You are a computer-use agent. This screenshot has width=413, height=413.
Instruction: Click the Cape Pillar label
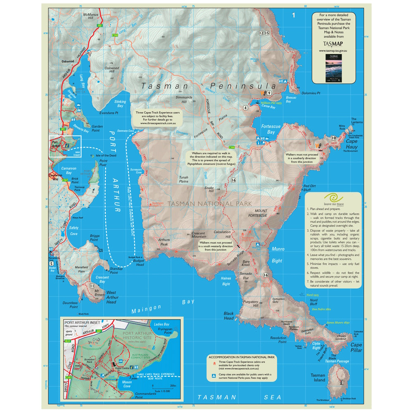click(x=356, y=347)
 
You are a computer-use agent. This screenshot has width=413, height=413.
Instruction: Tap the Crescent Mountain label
click(x=202, y=234)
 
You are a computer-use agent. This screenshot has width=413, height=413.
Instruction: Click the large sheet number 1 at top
click(x=293, y=16)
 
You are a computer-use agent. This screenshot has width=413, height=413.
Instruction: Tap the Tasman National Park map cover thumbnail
click(x=332, y=68)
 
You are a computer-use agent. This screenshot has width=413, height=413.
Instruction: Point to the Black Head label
click(x=228, y=316)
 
